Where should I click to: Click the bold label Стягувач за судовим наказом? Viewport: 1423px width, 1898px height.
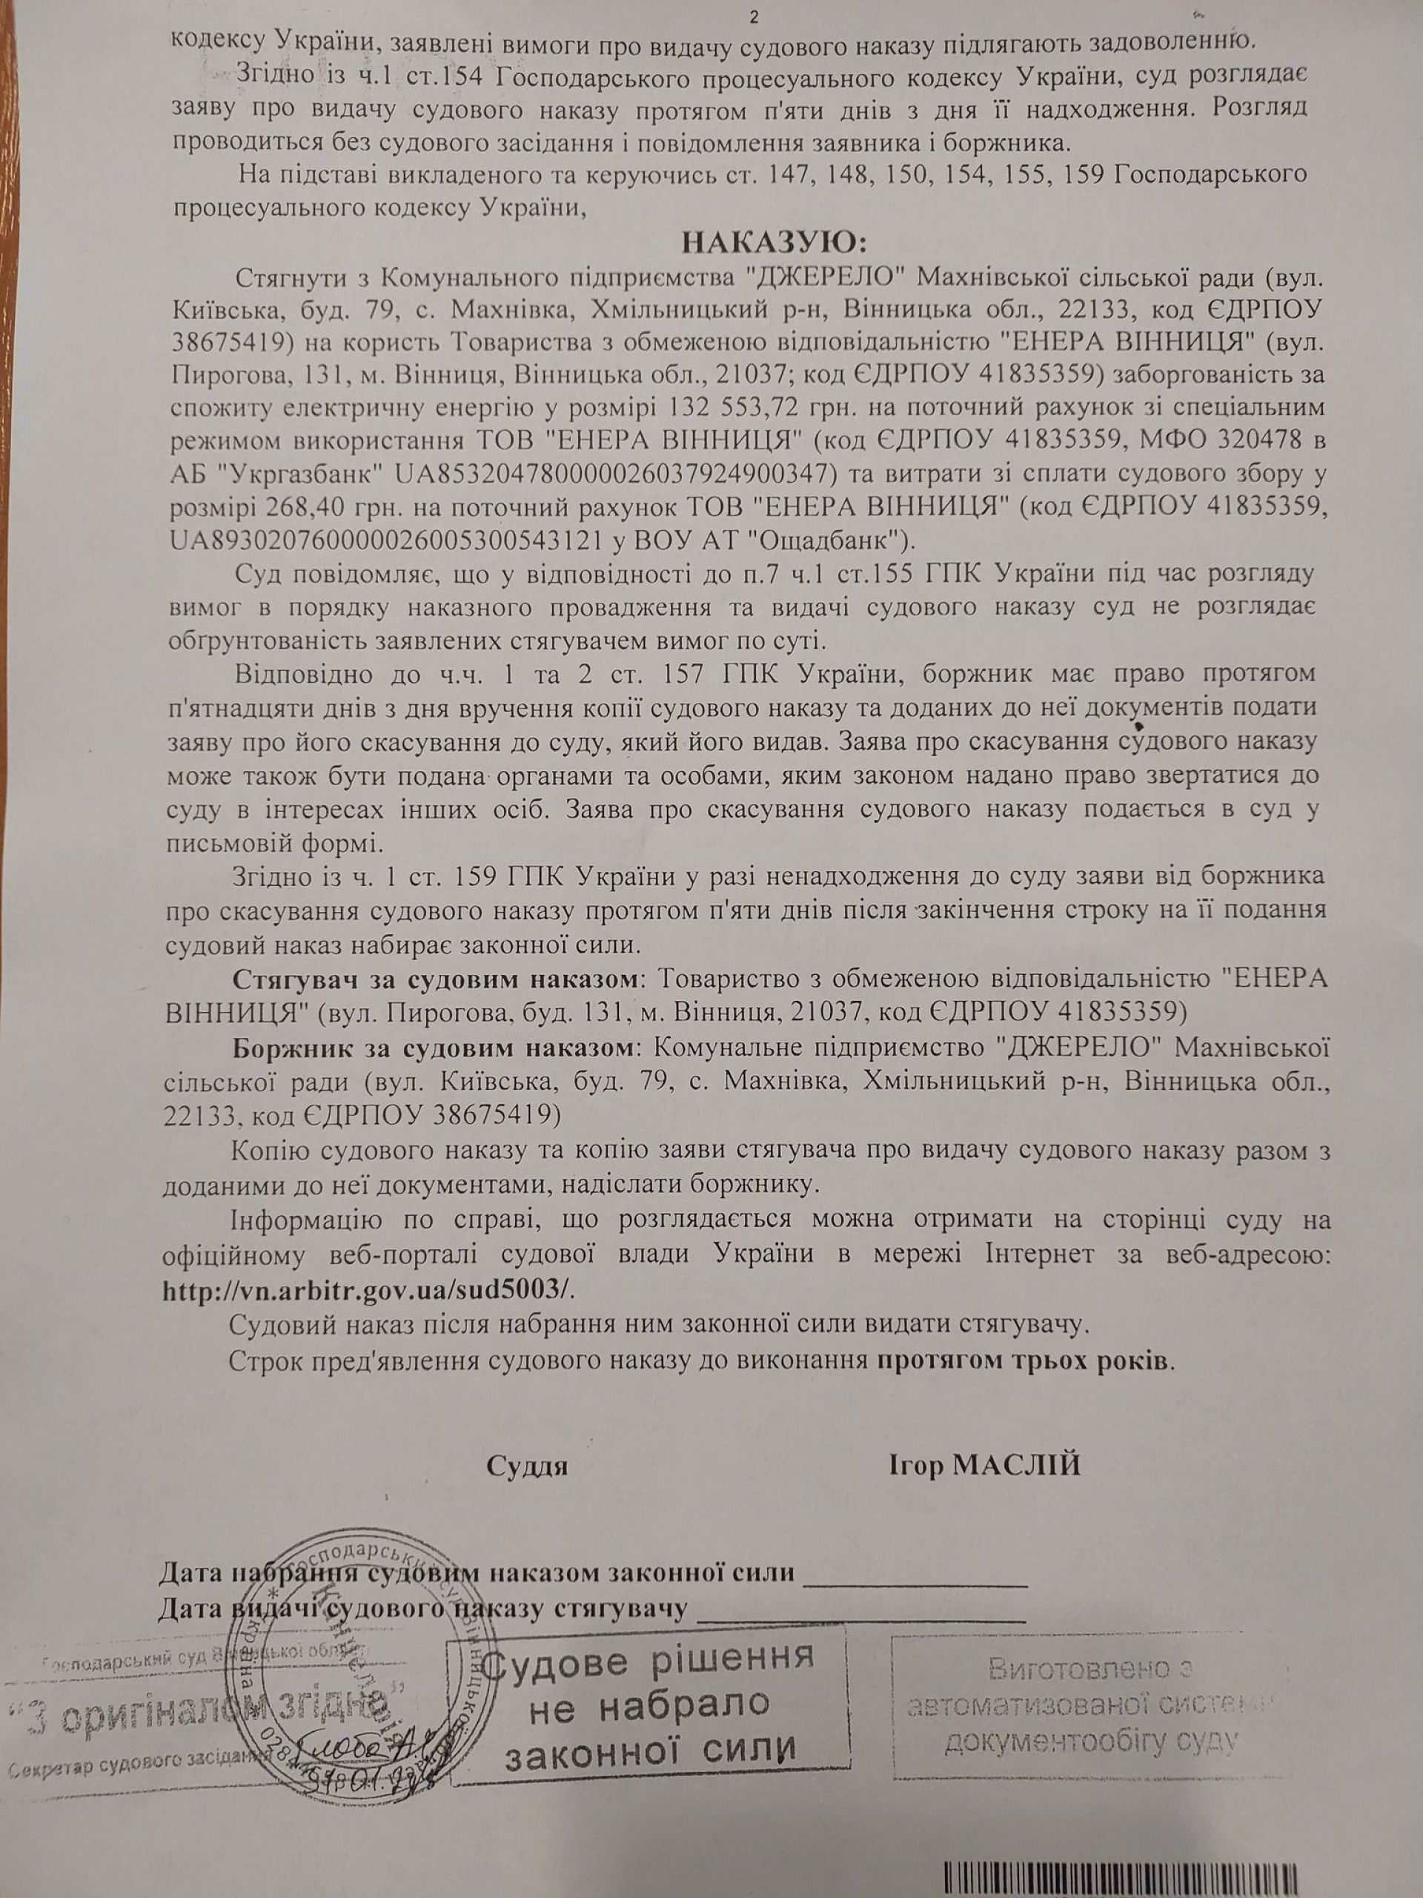click(x=435, y=979)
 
